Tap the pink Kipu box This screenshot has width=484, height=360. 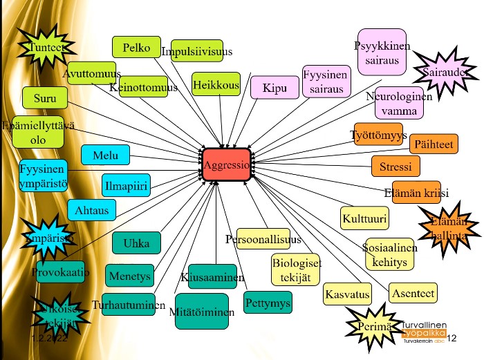point(274,88)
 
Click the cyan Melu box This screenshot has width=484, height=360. point(105,155)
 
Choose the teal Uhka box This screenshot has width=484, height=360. point(136,243)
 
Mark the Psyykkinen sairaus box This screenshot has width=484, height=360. point(382,53)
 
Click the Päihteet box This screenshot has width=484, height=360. point(434,144)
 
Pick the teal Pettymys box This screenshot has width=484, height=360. point(268,303)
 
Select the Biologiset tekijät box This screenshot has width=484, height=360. point(296,269)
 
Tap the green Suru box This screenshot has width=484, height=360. point(45,97)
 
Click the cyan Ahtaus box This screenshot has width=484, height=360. point(92,209)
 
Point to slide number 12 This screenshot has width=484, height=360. point(453,338)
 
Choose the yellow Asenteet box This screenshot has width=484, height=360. point(413,294)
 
